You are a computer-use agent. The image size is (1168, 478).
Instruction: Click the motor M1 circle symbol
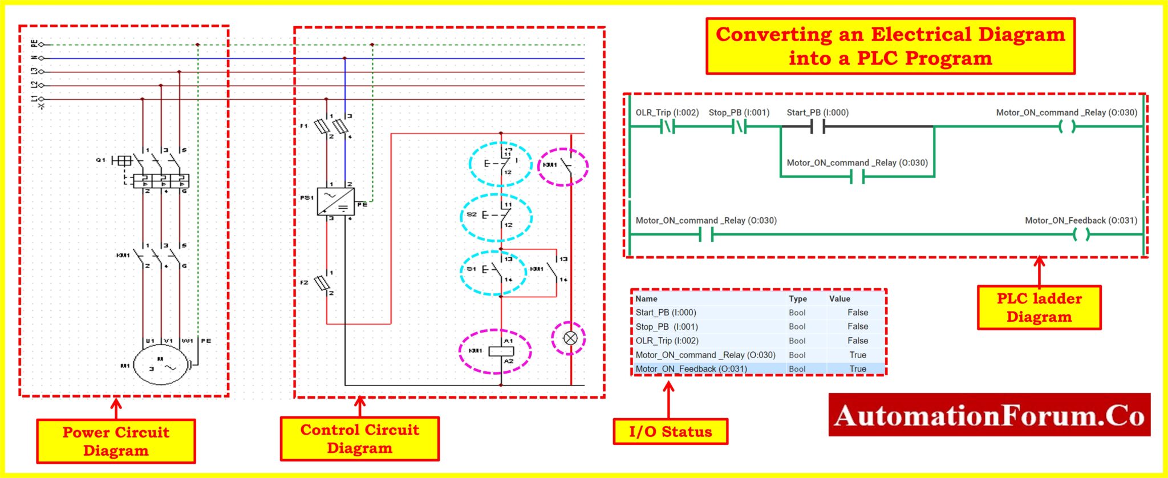coord(160,365)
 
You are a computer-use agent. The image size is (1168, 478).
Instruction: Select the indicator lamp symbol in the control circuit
coord(570,338)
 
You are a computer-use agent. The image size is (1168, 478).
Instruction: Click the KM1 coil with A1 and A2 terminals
coord(501,351)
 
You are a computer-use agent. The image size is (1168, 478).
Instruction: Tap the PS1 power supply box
coord(335,201)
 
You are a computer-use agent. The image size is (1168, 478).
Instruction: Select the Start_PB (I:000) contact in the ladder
coord(818,127)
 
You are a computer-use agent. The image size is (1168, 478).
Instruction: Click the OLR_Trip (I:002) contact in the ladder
coord(667,127)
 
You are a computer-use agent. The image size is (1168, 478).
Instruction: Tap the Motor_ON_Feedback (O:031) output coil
coord(1081,234)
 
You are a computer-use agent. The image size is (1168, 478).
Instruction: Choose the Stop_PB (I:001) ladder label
coord(739,112)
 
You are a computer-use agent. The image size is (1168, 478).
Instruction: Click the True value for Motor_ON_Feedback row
coord(857,369)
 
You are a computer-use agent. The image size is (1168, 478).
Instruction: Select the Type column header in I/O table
coord(797,299)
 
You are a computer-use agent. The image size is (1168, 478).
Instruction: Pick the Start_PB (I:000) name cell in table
coord(666,313)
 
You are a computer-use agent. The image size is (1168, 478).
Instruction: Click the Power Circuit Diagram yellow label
coord(116,441)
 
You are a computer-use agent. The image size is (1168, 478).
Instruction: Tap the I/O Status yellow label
coord(670,432)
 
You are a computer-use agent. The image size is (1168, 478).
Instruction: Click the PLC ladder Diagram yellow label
coord(1039,307)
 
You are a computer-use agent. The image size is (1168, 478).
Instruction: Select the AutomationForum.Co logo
coord(989,415)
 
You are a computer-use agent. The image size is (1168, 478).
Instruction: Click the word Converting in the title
coord(773,34)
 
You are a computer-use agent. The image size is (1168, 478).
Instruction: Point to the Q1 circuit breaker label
coord(100,160)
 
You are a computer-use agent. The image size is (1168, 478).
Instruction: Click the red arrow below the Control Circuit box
coord(359,406)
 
